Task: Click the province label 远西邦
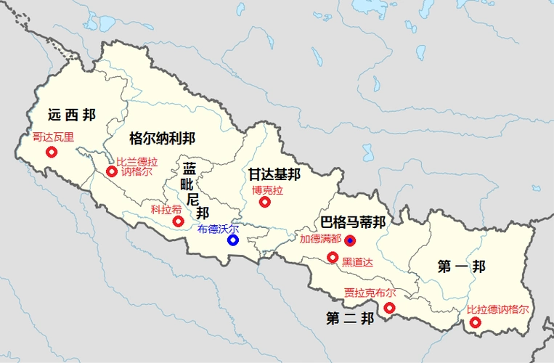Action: tap(71, 114)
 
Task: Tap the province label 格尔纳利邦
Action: tap(162, 137)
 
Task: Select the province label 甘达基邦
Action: tap(274, 174)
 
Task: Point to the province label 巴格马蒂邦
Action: tap(353, 221)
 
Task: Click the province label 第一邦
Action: tap(461, 266)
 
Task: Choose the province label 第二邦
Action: tap(350, 318)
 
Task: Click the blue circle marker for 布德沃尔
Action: tap(233, 240)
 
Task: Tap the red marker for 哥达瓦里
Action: tap(52, 152)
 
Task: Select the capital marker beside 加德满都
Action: tap(350, 240)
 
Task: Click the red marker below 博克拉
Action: tap(265, 202)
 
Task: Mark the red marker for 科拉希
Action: tap(178, 221)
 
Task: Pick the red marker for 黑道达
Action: tap(333, 257)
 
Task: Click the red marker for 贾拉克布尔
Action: tap(389, 309)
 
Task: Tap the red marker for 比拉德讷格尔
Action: tap(476, 322)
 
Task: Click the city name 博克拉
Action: tap(267, 190)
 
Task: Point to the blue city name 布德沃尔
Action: tap(218, 228)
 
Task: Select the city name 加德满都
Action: tap(319, 238)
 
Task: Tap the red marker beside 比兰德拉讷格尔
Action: tap(111, 171)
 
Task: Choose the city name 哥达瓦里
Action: tap(54, 136)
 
